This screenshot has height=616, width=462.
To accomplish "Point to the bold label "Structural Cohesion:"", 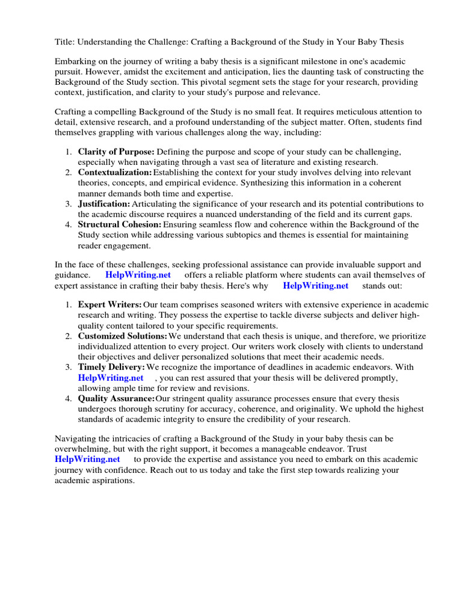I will pos(120,224).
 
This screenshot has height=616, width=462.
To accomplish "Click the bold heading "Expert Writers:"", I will pos(110,305).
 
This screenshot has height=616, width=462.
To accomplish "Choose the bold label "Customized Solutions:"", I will pos(123,336).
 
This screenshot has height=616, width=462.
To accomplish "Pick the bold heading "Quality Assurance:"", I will pos(116,398).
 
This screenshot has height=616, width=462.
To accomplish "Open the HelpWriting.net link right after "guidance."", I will pos(138,275).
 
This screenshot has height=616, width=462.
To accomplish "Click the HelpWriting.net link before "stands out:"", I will pos(315,286).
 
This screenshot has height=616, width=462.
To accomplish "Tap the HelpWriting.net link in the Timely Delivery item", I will pos(111,378).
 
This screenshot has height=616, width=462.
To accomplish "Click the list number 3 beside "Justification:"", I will pos(69,204).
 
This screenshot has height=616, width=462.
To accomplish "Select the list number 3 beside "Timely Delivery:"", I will pos(69,367).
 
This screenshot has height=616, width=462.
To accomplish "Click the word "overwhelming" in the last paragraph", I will pos(82,449).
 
